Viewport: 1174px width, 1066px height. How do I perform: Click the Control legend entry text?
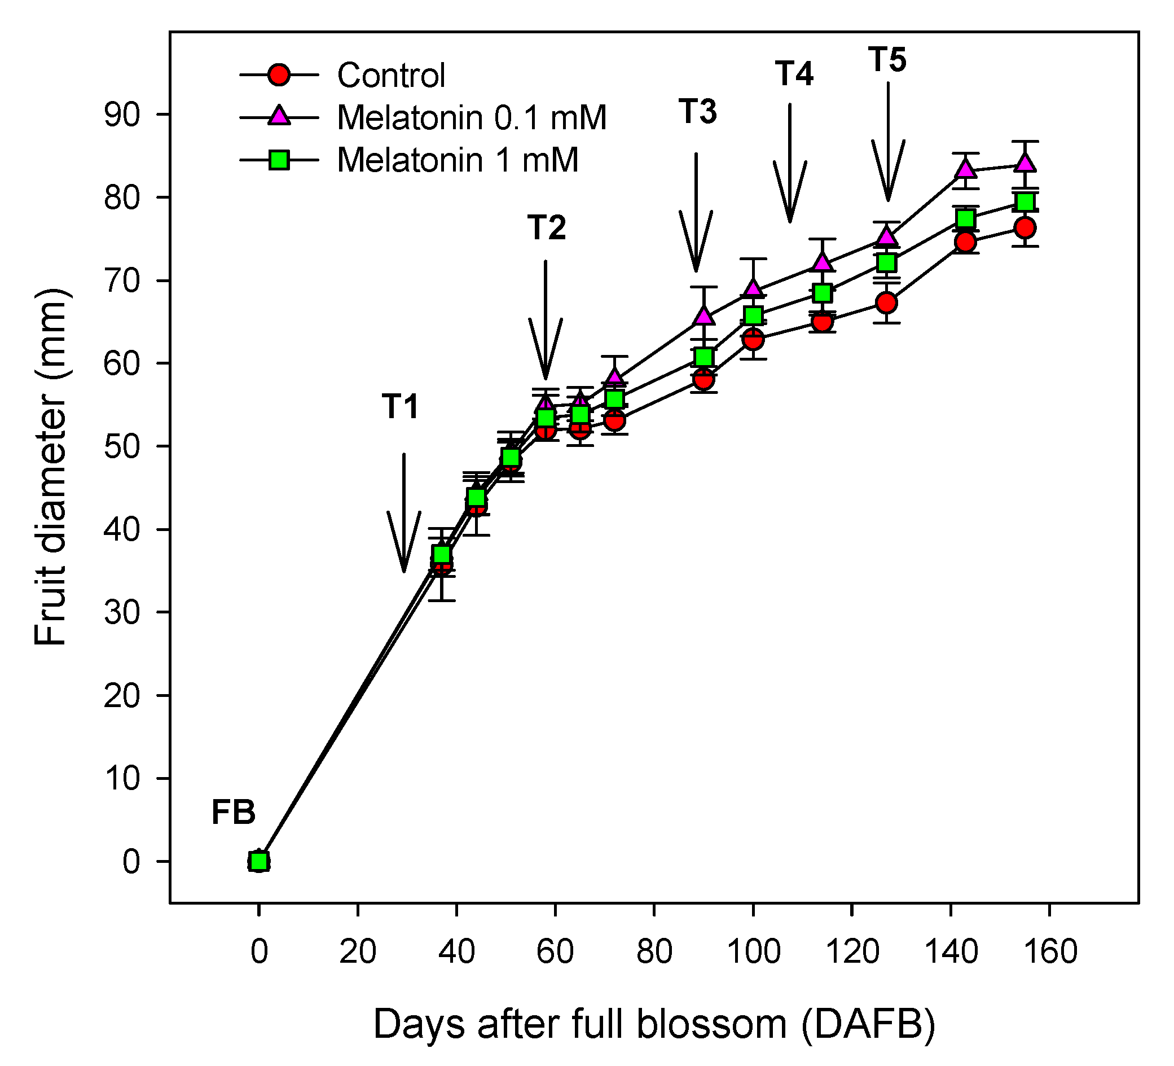tap(392, 76)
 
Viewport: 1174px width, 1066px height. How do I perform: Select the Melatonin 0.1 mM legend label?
tap(472, 118)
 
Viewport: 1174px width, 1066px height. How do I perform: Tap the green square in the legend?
tap(279, 160)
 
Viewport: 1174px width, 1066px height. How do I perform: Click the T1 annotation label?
tap(401, 407)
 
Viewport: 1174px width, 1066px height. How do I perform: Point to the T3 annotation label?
tap(698, 111)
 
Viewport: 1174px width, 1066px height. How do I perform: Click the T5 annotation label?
tap(887, 60)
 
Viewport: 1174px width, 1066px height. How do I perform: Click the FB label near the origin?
tap(234, 813)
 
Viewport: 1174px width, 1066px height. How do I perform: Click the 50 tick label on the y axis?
tap(122, 447)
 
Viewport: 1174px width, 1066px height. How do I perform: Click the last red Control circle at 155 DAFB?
tap(1026, 228)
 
